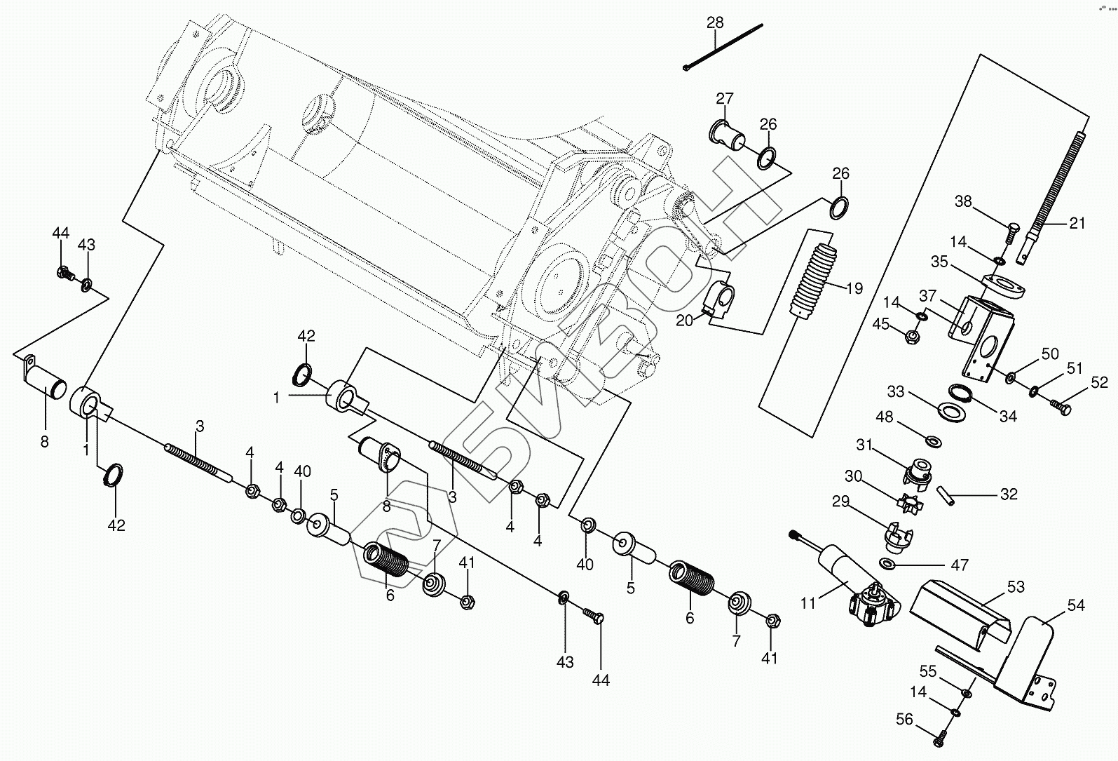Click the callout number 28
(x=715, y=22)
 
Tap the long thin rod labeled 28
(x=722, y=47)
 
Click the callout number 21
(x=1077, y=224)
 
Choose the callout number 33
(x=915, y=391)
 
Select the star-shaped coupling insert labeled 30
(x=909, y=501)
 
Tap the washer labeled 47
(x=888, y=565)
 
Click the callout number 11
(x=808, y=603)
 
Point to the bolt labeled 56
(x=941, y=738)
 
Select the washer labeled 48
(x=933, y=441)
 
